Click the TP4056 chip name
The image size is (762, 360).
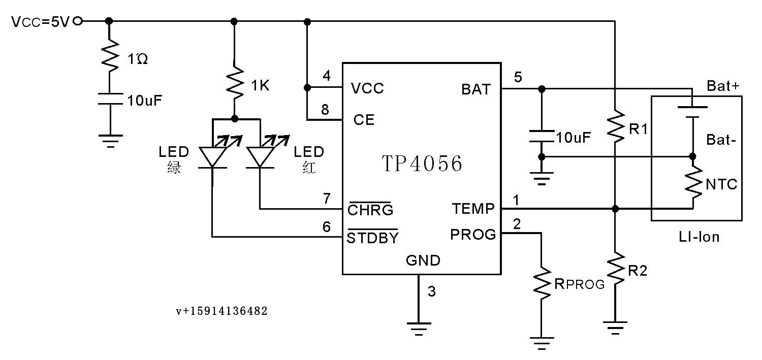click(422, 163)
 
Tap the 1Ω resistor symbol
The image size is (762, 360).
click(110, 56)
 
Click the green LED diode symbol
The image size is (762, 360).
click(213, 156)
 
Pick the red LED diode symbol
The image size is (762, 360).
click(260, 156)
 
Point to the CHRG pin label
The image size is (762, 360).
click(370, 209)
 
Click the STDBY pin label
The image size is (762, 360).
click(372, 237)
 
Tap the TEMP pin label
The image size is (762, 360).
click(473, 208)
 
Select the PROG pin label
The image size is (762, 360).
click(473, 234)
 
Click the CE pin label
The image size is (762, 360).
click(364, 120)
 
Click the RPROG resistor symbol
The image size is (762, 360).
click(542, 283)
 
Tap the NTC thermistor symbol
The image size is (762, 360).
click(693, 182)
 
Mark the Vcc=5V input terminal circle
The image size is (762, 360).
click(78, 21)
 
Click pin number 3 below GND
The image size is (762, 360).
click(432, 291)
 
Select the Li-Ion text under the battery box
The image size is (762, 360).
click(699, 237)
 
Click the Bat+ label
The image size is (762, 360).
click(723, 86)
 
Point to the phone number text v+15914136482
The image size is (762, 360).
click(222, 311)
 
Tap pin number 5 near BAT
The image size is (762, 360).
click(518, 77)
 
